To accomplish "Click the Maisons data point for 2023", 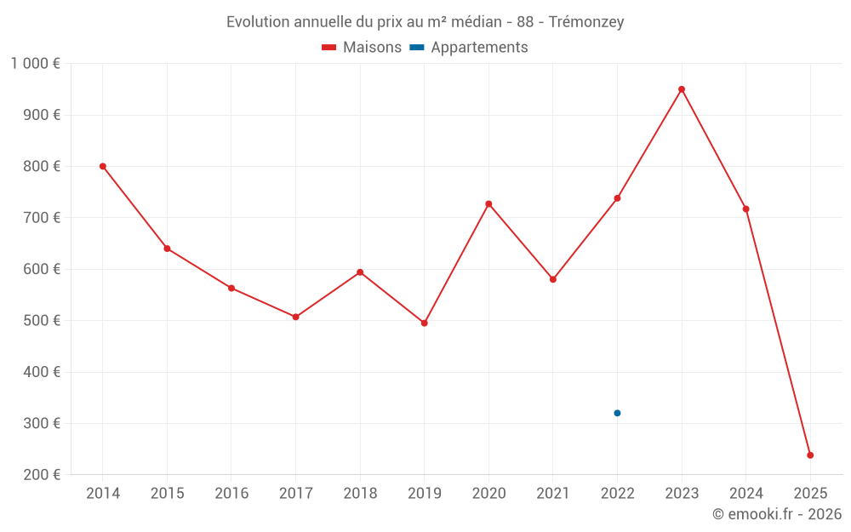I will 682,89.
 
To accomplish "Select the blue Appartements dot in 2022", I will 617,413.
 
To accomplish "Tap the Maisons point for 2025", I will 810,455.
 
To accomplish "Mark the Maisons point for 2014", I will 103,166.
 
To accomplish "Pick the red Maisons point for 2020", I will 488,203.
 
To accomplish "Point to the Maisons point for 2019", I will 424,323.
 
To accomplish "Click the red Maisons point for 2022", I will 617,198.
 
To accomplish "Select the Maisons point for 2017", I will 295,317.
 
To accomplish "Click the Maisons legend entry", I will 362,48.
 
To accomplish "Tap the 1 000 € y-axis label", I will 36,64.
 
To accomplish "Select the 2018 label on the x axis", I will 360,494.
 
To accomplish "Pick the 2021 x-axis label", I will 553,494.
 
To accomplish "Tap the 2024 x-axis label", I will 746,494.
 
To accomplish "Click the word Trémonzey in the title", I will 586,22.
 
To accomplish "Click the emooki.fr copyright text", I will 777,514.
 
